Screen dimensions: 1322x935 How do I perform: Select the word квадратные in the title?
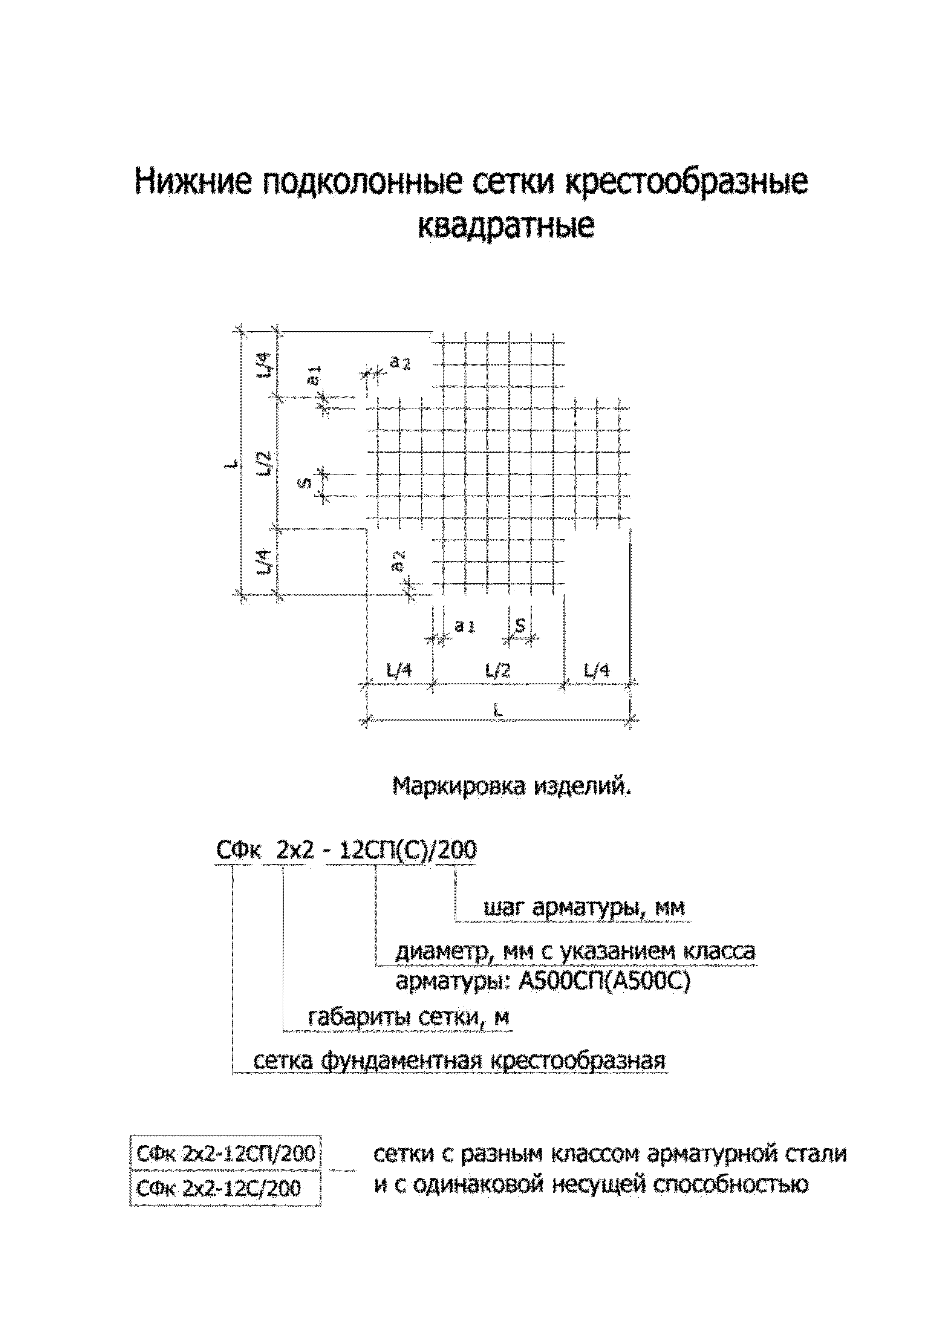click(x=505, y=226)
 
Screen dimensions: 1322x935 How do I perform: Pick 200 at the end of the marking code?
click(x=456, y=850)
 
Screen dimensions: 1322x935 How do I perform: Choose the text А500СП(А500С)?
click(x=604, y=982)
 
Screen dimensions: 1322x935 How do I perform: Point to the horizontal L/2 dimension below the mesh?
click(x=498, y=670)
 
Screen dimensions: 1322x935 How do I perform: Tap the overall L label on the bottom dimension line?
click(x=498, y=710)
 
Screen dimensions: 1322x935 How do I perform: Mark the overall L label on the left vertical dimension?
click(x=230, y=462)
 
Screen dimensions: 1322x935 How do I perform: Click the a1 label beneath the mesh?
click(x=464, y=626)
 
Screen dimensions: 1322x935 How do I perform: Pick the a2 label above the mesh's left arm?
click(x=399, y=362)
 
